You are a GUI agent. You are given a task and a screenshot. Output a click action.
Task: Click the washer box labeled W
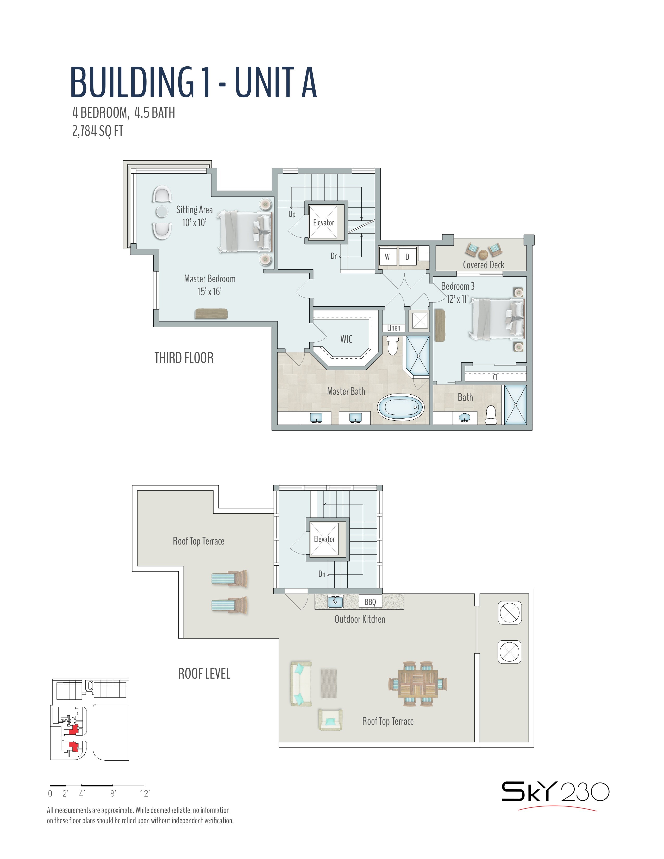387,256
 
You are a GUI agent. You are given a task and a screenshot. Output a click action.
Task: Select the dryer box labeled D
407,256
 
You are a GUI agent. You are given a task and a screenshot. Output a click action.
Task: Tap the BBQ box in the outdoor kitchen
370,602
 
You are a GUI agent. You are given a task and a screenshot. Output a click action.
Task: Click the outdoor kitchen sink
335,601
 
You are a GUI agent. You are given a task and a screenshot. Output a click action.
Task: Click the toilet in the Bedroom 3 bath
491,415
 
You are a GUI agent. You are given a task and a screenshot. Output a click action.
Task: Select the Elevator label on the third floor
323,223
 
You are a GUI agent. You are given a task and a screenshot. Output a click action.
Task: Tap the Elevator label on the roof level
324,539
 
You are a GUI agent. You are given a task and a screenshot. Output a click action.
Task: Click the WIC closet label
346,339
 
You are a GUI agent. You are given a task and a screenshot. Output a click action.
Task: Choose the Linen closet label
394,328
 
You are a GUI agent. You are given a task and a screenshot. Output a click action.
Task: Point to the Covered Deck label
484,265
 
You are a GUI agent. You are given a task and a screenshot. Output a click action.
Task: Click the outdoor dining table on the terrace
418,684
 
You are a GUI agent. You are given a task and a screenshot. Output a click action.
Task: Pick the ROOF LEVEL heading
204,673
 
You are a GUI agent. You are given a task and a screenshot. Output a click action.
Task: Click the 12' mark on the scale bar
145,793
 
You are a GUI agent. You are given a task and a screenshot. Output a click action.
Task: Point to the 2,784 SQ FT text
98,131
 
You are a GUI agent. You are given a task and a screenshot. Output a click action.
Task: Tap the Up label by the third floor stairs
292,214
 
